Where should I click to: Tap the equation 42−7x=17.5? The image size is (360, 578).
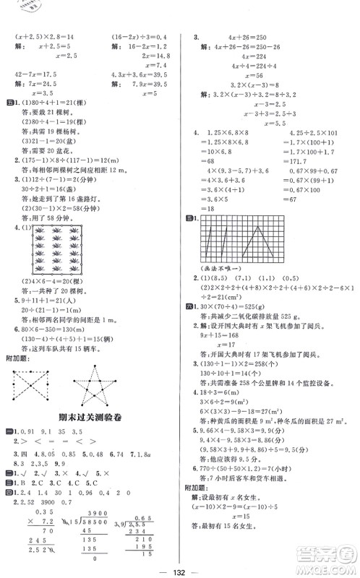click(35, 71)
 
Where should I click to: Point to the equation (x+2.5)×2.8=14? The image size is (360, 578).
click(40, 35)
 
